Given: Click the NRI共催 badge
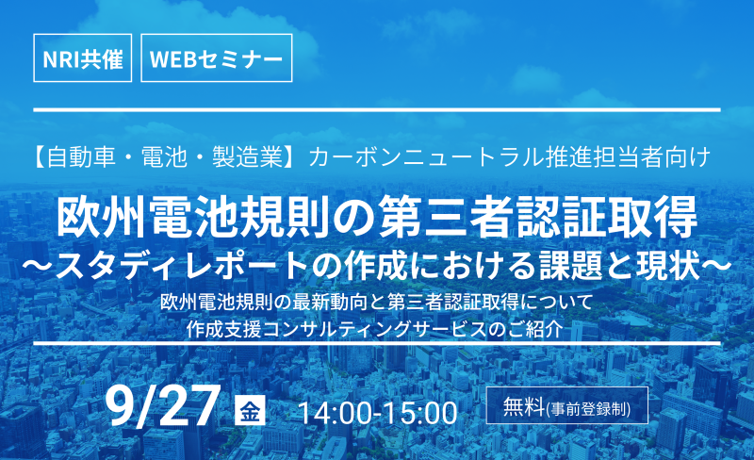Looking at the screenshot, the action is point(83,57).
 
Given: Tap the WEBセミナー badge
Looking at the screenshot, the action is point(217,57).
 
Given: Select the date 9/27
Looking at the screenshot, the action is point(162,407).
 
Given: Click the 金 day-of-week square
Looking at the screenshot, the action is point(250,410).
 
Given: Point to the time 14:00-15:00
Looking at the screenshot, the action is point(378,412).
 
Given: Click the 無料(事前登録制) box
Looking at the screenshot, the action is point(567,405).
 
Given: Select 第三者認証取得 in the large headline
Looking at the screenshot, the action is point(538,218).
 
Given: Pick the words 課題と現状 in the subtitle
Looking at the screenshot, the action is point(619,266).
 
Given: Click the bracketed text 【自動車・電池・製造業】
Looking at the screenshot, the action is point(161,157).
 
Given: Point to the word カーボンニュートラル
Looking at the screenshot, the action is point(427,157).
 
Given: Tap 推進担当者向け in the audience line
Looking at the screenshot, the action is point(628,157).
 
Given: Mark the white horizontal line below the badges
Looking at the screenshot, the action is point(377,110).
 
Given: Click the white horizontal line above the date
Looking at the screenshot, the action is point(377,343).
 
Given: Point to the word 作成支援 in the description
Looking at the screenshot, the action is point(223,329).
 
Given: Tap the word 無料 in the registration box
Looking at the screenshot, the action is point(524,406).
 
